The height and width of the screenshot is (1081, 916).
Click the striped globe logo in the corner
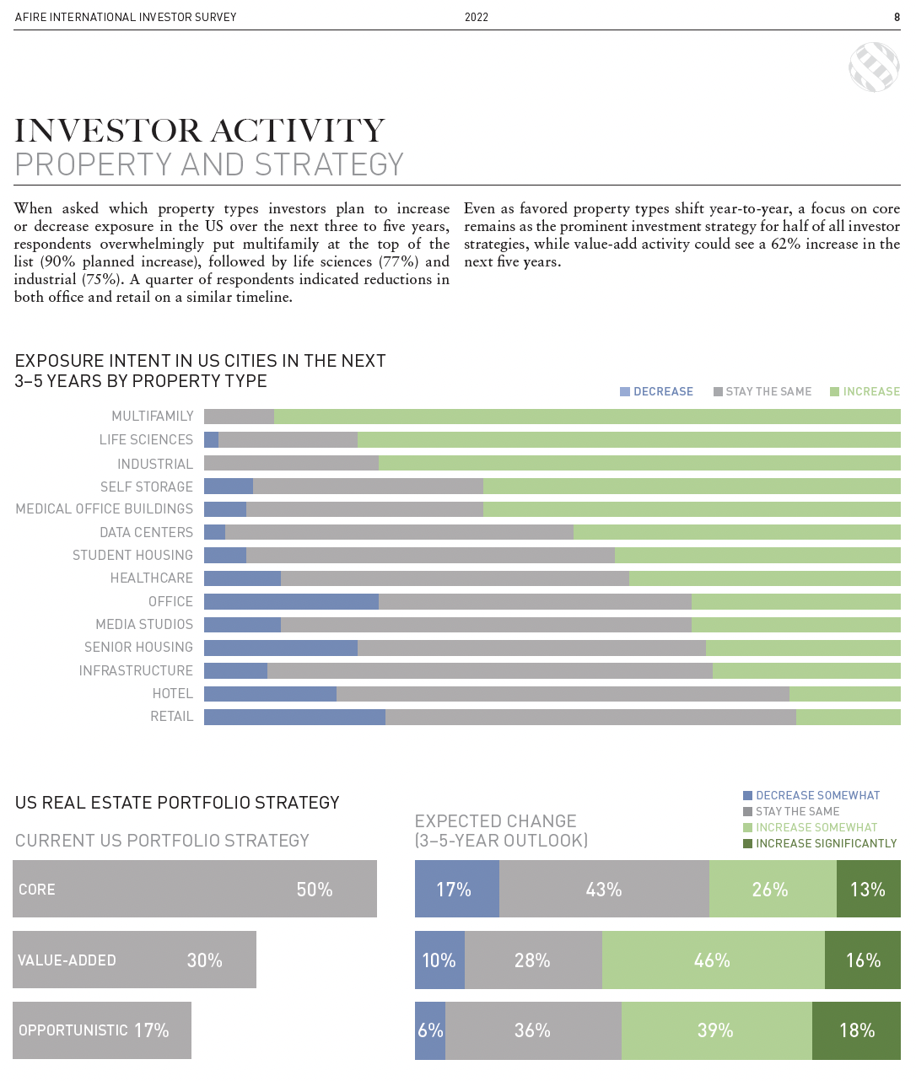point(874,67)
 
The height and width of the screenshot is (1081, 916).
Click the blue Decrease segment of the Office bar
point(291,601)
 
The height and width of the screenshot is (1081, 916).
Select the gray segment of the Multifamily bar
point(239,416)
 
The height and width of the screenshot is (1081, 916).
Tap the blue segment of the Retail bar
point(294,717)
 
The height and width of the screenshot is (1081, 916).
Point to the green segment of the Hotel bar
point(844,694)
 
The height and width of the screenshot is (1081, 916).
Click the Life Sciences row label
point(146,439)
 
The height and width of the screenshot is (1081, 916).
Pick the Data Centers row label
point(146,532)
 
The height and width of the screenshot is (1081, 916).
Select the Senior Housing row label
point(138,647)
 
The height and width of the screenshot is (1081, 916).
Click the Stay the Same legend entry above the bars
point(762,391)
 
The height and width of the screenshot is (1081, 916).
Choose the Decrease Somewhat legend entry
point(811,795)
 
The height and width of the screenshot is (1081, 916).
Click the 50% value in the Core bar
point(315,890)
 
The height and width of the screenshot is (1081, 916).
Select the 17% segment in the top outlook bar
point(456,889)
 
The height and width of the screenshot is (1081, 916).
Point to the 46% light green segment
point(713,960)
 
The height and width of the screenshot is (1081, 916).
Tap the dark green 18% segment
point(856,1030)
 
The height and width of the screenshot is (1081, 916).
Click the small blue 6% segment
point(430,1030)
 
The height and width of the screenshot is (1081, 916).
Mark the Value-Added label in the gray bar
point(67,960)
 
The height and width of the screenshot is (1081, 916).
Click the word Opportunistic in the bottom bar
point(73,1030)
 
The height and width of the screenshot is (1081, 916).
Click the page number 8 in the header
point(897,17)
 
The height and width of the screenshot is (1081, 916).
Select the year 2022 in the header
point(477,17)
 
